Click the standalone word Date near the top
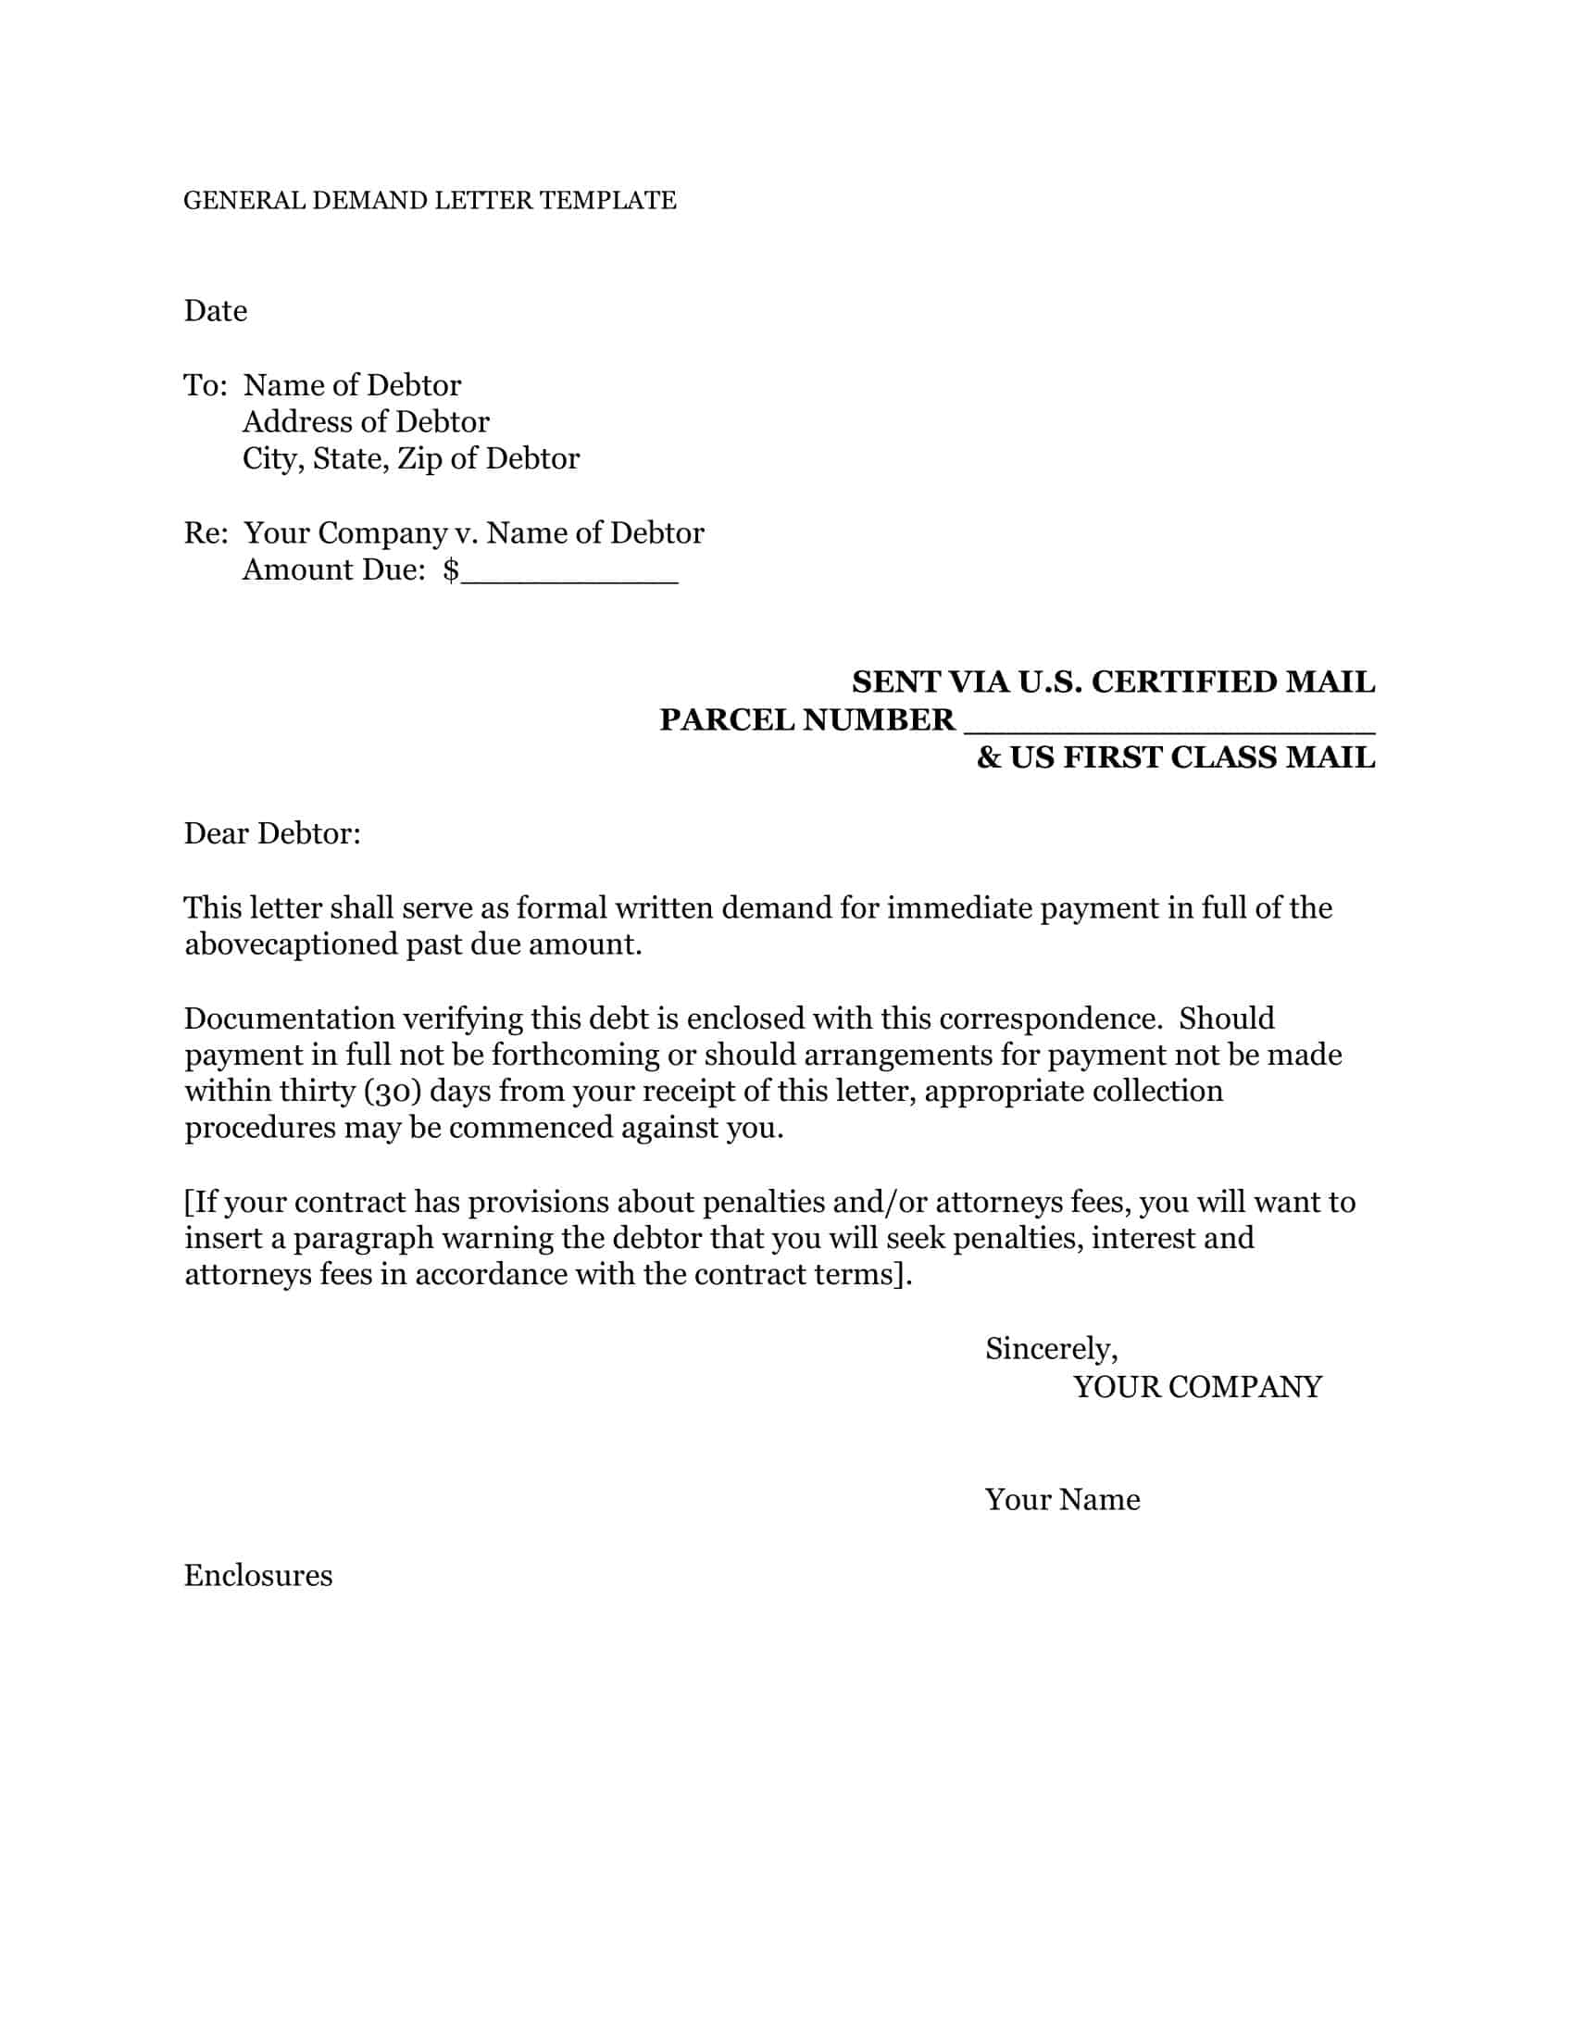point(216,310)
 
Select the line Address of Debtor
point(366,422)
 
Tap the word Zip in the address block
point(419,459)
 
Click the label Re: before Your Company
point(206,532)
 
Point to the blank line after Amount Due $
point(569,570)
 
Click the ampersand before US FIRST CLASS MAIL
point(988,757)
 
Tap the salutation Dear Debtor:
point(272,833)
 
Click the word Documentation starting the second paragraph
point(289,1018)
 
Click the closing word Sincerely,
point(1051,1349)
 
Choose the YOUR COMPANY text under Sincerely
point(1197,1387)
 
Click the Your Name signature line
point(1062,1500)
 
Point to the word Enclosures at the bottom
point(258,1575)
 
